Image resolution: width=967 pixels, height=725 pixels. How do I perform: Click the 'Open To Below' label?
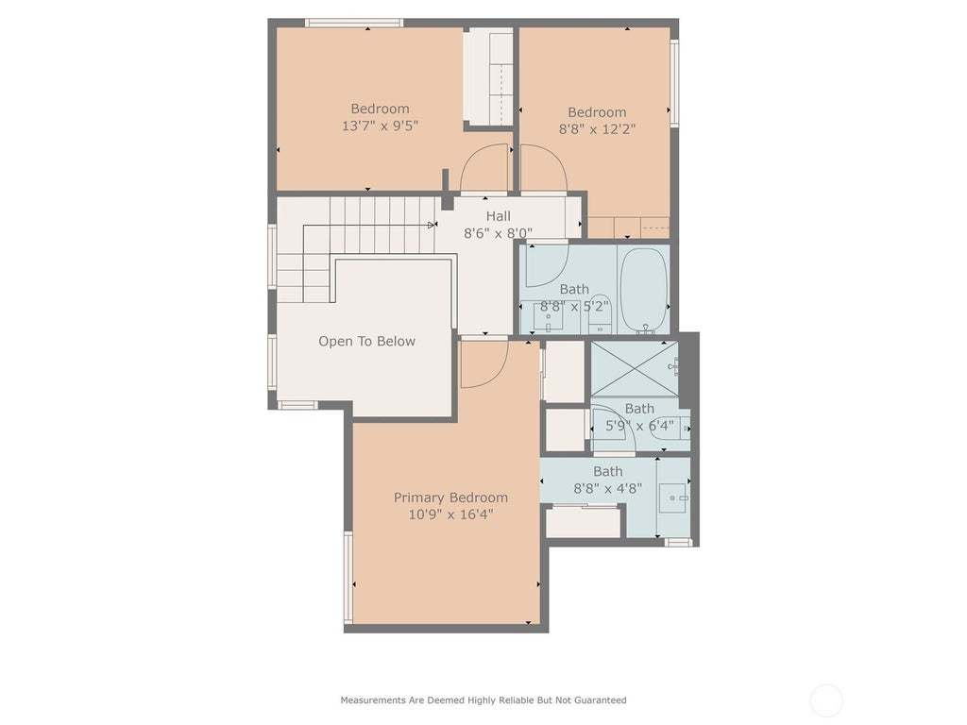tap(367, 341)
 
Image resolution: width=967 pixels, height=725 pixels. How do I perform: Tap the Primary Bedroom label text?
tap(450, 497)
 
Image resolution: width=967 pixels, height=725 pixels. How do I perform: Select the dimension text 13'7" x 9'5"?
tap(380, 126)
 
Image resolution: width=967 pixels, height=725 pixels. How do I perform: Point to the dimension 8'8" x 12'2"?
tap(597, 128)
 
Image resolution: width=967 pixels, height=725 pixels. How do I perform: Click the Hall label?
tap(499, 216)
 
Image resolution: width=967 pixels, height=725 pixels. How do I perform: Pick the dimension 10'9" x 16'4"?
tap(450, 514)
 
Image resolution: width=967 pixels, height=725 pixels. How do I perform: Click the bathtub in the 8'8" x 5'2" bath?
tap(644, 290)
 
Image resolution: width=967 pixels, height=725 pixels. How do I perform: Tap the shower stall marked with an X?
tap(635, 369)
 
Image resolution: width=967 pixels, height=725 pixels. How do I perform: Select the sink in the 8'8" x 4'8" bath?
tap(673, 497)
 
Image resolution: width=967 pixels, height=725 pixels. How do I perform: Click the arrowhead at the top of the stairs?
tap(432, 225)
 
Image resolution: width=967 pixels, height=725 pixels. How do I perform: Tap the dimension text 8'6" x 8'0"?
tap(499, 234)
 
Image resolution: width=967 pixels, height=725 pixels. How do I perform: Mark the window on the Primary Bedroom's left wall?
tap(348, 577)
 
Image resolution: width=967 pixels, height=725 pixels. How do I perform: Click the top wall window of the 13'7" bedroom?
tap(354, 24)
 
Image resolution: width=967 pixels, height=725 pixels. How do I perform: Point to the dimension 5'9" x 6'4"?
tap(639, 426)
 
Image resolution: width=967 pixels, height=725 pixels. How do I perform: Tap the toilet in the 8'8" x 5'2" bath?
tap(599, 314)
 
